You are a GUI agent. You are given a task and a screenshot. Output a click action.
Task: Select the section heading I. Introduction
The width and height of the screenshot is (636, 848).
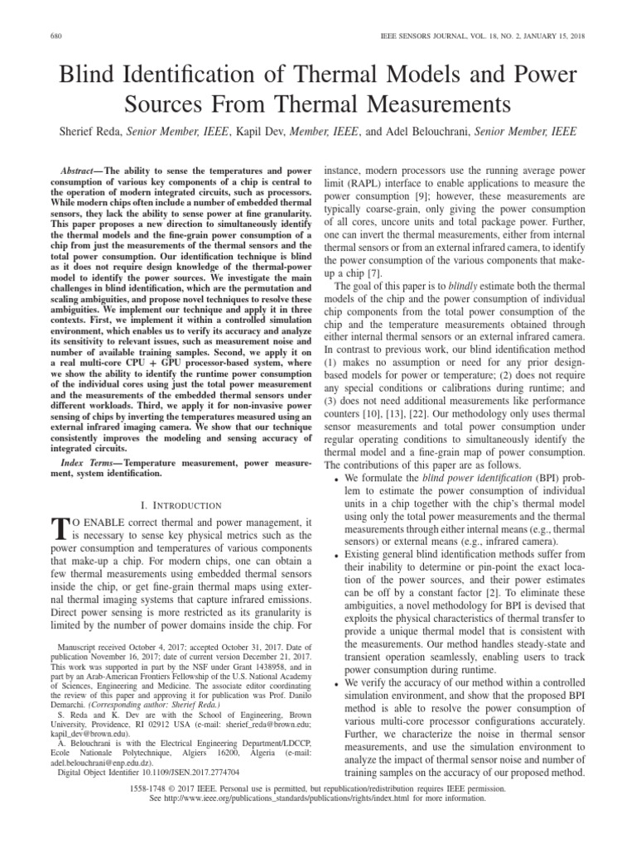(x=179, y=504)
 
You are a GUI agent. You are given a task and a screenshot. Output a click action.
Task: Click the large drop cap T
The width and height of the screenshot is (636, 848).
(x=58, y=528)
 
